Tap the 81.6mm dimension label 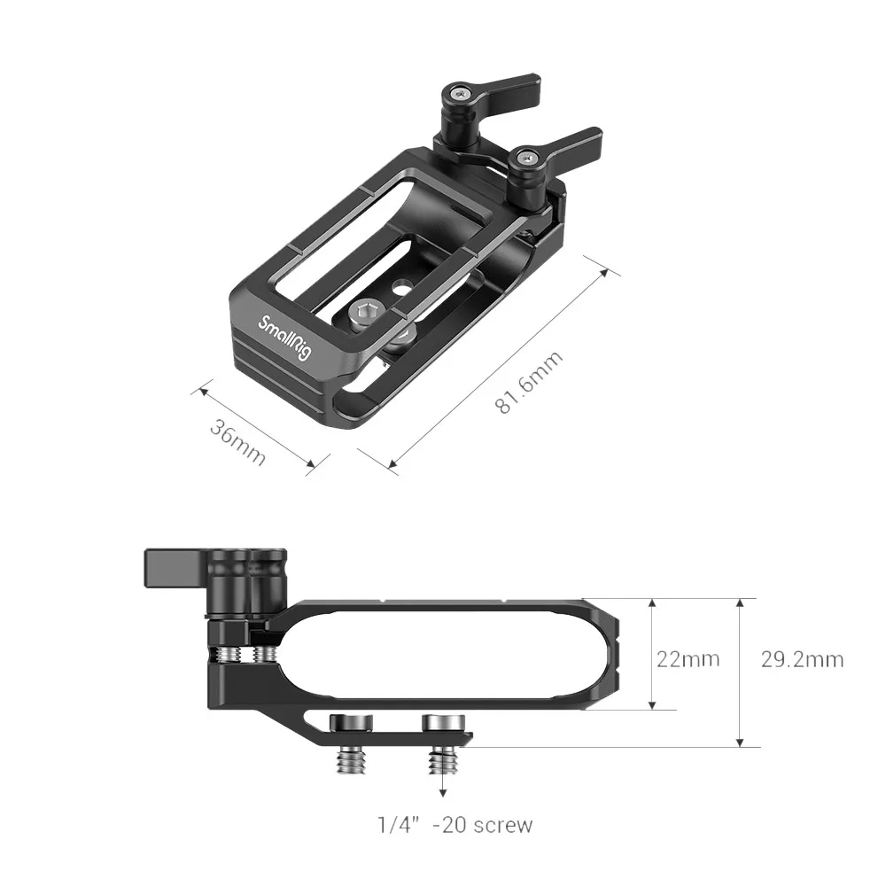coord(529,382)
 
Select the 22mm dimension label coord(688,659)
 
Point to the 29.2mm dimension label coord(802,659)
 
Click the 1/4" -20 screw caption coord(455,825)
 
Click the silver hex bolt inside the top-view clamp coord(367,312)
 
